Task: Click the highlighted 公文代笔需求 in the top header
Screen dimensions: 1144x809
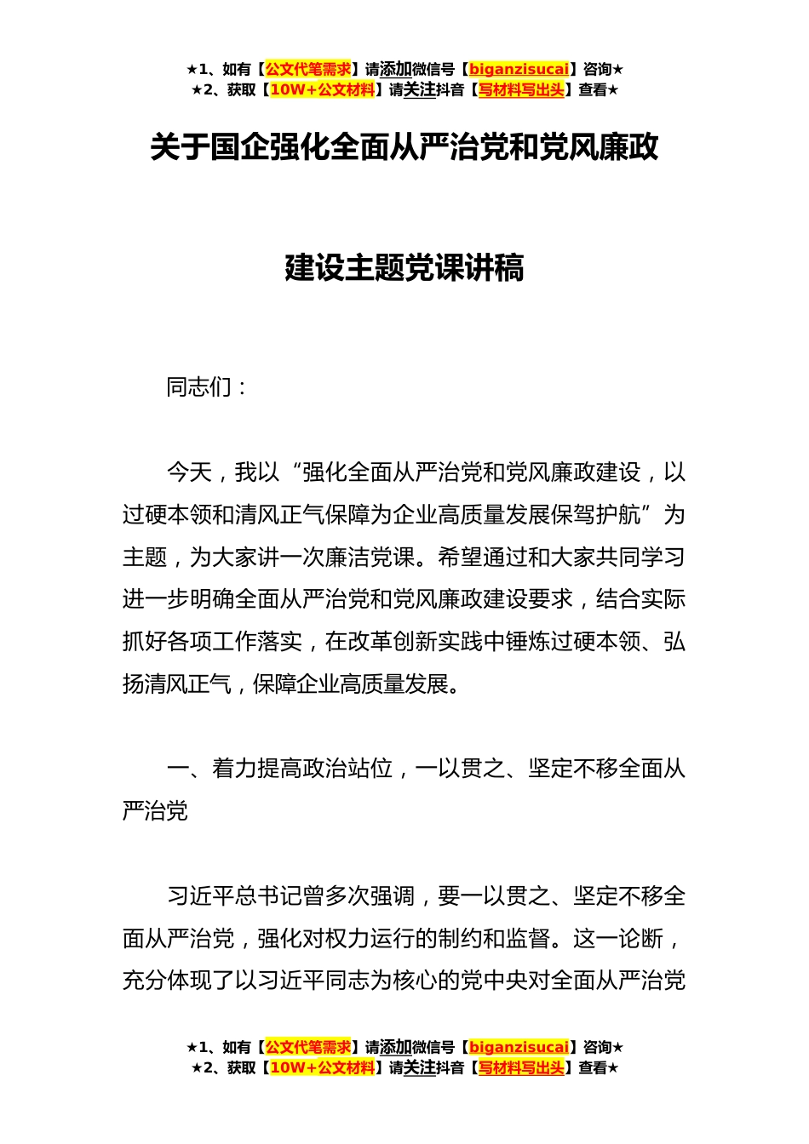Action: tap(308, 70)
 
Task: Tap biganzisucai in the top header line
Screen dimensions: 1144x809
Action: tap(519, 70)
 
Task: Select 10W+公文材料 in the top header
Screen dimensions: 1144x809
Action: tap(322, 90)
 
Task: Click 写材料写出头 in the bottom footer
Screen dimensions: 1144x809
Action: tap(521, 1068)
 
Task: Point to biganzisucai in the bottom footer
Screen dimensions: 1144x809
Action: tap(519, 1048)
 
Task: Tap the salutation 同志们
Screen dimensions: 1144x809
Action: tap(199, 387)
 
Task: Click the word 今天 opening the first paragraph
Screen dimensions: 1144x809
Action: tap(188, 472)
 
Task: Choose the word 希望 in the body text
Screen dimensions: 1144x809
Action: tap(460, 558)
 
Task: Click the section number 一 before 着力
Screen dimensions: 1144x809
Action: tap(177, 769)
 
